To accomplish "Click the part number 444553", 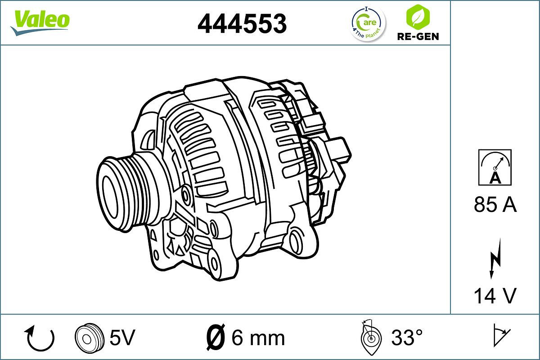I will [242, 23].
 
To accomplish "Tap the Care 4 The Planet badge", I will [368, 23].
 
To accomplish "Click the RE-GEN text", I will [418, 36].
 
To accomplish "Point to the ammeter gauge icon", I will [495, 167].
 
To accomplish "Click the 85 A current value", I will [495, 205].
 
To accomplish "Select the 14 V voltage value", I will [495, 296].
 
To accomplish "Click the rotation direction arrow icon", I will [40, 338].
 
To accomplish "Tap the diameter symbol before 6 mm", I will [216, 337].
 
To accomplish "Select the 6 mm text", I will [258, 337].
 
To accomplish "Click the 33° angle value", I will [407, 337].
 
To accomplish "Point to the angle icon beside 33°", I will [371, 337].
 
